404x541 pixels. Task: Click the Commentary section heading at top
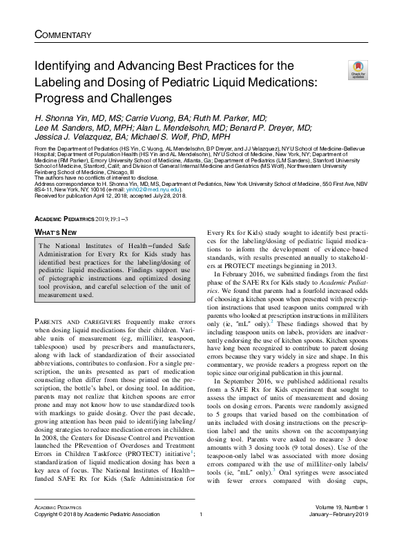tap(62, 35)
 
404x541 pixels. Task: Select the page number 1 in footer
tap(200, 533)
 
